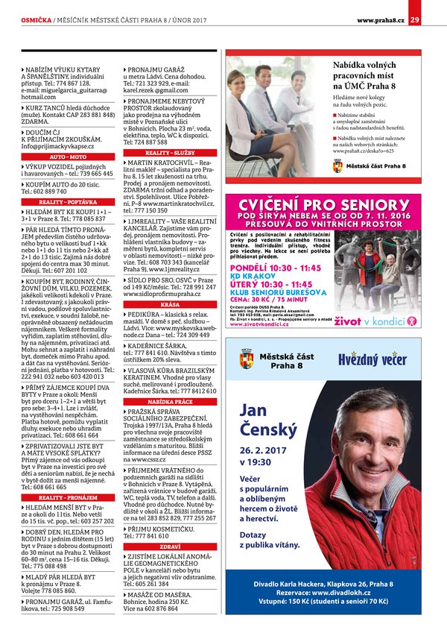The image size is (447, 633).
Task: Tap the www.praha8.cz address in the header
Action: [x=380, y=19]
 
